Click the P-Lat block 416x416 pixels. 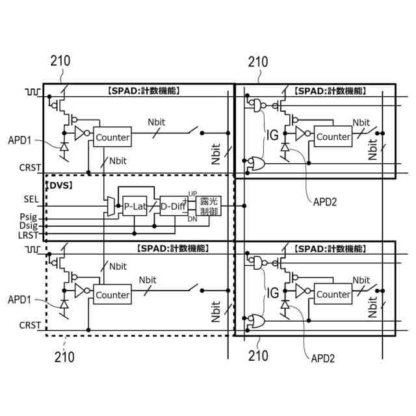[135, 206]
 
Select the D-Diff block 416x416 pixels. [172, 206]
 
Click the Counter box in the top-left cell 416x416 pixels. [112, 137]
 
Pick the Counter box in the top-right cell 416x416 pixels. [333, 136]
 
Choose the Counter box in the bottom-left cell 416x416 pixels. [112, 295]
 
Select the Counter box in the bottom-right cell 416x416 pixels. [333, 294]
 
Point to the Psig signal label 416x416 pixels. [29, 216]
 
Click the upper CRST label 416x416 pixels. [30, 168]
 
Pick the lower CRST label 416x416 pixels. [30, 324]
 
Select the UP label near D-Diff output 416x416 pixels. [192, 194]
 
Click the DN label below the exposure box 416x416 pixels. [192, 220]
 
